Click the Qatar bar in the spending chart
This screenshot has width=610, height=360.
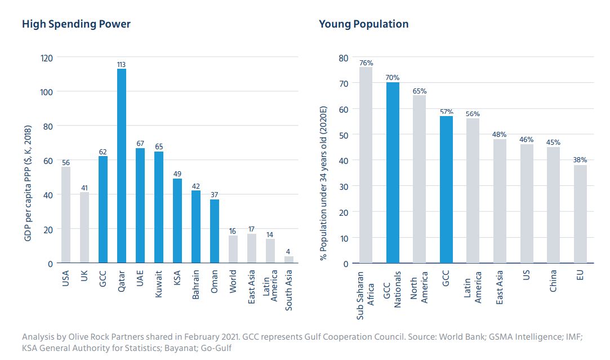click(121, 166)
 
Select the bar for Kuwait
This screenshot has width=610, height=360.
click(159, 207)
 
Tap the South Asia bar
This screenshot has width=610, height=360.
click(288, 260)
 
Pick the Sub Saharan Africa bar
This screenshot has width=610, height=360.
click(366, 165)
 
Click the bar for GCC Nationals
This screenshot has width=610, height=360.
click(393, 173)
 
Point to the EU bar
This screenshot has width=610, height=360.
click(580, 214)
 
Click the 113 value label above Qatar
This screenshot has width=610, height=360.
click(121, 65)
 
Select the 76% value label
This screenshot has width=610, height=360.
click(366, 63)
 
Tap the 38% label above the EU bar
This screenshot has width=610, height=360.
click(580, 160)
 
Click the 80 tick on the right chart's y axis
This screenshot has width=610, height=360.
click(343, 57)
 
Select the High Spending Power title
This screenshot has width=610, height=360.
click(76, 24)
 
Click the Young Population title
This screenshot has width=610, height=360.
click(363, 24)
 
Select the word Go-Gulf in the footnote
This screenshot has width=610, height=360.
click(217, 348)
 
